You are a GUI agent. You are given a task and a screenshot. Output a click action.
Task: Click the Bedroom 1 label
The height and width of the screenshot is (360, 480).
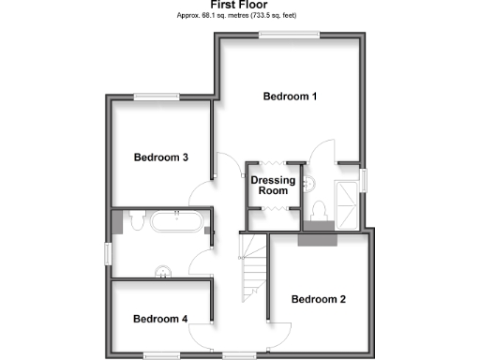290,97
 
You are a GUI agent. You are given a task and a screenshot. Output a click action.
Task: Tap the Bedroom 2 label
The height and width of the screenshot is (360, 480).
319,300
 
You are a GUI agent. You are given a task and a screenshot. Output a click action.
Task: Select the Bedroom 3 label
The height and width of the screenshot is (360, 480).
160,157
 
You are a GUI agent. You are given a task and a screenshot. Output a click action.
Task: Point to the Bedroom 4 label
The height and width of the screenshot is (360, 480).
160,320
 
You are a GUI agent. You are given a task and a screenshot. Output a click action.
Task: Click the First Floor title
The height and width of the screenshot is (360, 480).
241,5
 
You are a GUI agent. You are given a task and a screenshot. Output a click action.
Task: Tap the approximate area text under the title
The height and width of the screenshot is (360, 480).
241,16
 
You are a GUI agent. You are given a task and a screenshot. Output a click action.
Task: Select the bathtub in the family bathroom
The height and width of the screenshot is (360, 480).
175,222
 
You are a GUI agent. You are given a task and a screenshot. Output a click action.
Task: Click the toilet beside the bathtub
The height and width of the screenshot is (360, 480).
136,220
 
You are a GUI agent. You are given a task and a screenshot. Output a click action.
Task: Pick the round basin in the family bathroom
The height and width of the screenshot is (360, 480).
164,272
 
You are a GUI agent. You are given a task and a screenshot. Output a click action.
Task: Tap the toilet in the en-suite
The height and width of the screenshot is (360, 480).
318,211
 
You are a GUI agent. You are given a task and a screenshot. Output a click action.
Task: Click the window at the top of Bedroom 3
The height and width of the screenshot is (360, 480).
157,96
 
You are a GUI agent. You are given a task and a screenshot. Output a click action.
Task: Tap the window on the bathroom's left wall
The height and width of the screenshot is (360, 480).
110,253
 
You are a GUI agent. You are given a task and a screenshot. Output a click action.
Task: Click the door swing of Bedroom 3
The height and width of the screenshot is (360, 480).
201,192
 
